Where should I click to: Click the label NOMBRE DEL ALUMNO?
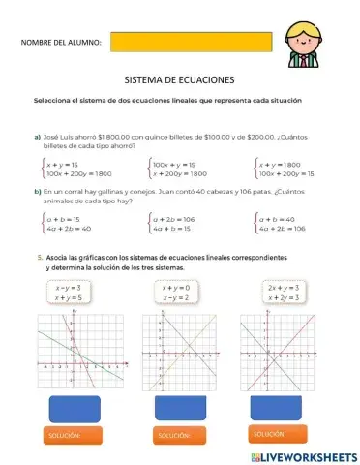(x=60, y=43)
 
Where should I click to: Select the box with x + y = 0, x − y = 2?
(x=176, y=294)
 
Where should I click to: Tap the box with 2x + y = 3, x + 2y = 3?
(x=283, y=294)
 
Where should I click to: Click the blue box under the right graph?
(x=281, y=405)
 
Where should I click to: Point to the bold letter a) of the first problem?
(x=38, y=138)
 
